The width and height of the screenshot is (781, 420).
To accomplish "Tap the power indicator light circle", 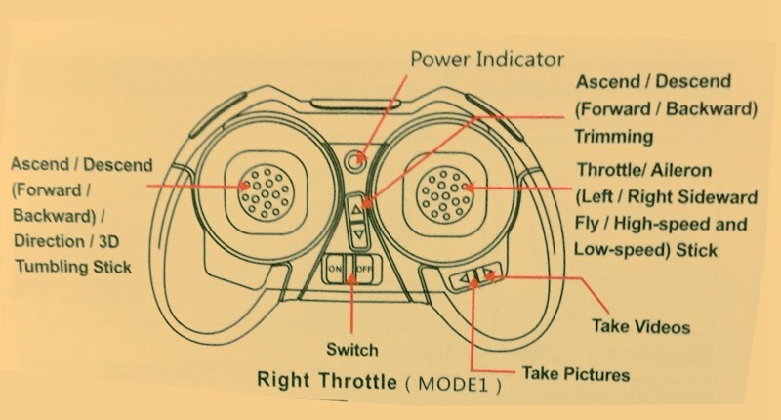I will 359,155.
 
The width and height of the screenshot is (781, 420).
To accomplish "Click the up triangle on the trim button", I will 358,208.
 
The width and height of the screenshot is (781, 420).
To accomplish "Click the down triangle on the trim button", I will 358,234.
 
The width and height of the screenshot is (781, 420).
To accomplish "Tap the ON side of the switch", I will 335,268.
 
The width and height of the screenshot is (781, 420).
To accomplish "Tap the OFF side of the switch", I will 362,268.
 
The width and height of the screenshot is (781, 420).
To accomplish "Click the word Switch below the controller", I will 352,349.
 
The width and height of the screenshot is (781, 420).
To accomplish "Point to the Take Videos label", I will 641,326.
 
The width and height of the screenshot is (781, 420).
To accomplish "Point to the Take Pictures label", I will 576,373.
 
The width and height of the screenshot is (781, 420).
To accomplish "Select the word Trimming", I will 614,137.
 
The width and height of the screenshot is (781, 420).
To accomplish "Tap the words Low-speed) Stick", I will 645,250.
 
